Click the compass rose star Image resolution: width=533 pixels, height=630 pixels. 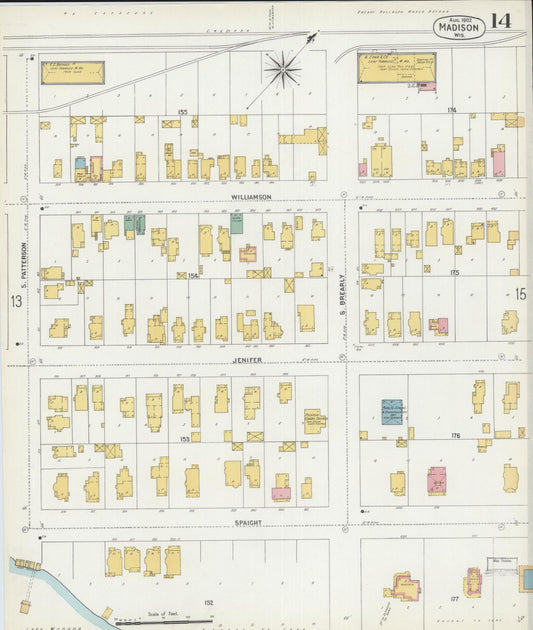pyautogui.click(x=282, y=69)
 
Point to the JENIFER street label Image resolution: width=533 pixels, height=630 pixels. pyautogui.click(x=247, y=359)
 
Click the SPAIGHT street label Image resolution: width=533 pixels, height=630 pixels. pyautogui.click(x=247, y=522)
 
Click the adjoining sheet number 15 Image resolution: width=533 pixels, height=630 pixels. pyautogui.click(x=520, y=293)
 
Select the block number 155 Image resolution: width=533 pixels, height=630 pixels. pyautogui.click(x=182, y=111)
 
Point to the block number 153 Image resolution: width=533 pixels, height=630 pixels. pyautogui.click(x=183, y=438)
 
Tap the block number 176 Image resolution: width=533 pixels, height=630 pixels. pyautogui.click(x=456, y=435)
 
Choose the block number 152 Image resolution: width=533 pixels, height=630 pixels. pyautogui.click(x=208, y=602)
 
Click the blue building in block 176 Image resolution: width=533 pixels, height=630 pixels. pyautogui.click(x=392, y=411)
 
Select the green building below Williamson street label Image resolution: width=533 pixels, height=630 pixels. pyautogui.click(x=236, y=224)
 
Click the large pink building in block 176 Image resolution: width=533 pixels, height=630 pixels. pyautogui.click(x=437, y=481)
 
